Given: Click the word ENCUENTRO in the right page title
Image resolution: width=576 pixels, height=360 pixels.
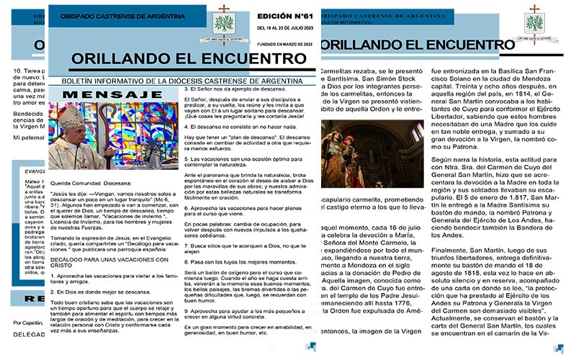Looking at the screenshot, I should pos(453,45).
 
